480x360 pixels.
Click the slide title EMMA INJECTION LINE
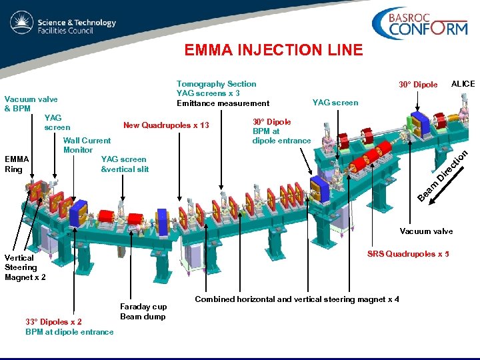[x=273, y=50]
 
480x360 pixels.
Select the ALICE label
[x=463, y=84]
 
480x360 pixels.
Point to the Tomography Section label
[x=216, y=84]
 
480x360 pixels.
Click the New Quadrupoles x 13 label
[x=166, y=126]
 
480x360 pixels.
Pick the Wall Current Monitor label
[x=87, y=145]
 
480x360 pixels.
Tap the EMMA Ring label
[x=17, y=164]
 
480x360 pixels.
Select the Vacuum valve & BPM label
[x=31, y=103]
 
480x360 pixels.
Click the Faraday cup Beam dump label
[x=143, y=311]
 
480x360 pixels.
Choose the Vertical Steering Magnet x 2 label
[x=25, y=267]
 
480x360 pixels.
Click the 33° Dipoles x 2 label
[x=53, y=322]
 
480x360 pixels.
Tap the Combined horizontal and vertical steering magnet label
[x=297, y=299]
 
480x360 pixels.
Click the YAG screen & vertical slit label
[x=124, y=164]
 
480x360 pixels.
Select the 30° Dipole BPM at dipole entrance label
[x=281, y=131]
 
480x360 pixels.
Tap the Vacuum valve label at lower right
[x=426, y=231]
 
